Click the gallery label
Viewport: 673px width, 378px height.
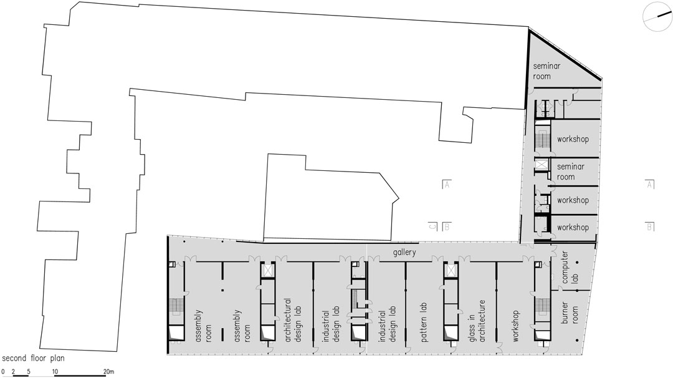404,253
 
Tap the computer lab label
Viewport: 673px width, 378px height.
570,268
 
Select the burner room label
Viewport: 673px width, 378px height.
570,313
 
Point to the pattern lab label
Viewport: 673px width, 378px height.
424,322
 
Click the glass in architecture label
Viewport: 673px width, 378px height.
477,321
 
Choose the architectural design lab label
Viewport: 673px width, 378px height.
292,320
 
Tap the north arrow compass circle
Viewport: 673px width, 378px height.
657,16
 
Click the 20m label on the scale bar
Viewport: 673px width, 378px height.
109,372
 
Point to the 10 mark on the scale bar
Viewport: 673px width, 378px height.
55,372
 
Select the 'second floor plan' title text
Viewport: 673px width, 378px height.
34,358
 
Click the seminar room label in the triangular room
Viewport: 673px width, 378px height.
547,71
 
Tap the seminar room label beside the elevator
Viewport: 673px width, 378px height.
570,172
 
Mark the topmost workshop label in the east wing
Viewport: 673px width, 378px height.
573,139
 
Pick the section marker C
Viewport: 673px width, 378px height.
432,226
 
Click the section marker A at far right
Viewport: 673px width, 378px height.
650,185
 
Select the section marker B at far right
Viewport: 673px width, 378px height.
650,226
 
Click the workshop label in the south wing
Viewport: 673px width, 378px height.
515,326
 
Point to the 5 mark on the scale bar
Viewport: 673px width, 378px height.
28,372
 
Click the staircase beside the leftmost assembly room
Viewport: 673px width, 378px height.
176,305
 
